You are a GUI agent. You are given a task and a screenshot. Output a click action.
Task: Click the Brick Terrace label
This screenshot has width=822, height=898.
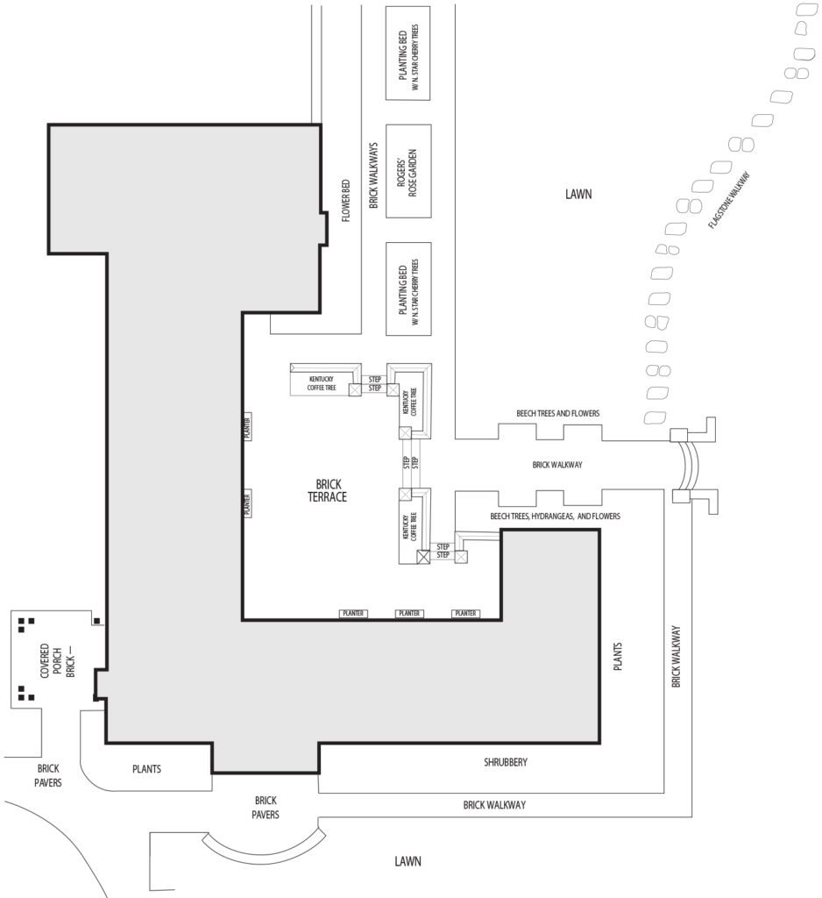pos(328,491)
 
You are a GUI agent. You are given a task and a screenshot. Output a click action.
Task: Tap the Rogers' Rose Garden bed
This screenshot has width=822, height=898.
pos(408,171)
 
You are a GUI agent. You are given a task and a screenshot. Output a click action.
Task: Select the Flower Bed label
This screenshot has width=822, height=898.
pos(346,201)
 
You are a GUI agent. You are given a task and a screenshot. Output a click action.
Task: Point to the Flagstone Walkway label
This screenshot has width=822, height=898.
pos(729,201)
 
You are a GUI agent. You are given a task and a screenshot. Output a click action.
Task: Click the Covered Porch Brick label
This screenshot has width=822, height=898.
pos(57,660)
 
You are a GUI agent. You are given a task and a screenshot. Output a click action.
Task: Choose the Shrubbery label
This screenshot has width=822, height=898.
pos(506,762)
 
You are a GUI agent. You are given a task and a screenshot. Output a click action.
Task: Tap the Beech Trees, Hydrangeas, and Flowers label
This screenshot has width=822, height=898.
pos(555,516)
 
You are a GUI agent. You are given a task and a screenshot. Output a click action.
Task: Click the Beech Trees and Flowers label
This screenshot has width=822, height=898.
pos(557,413)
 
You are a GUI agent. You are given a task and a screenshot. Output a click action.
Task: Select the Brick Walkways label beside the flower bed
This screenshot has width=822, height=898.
pos(373,175)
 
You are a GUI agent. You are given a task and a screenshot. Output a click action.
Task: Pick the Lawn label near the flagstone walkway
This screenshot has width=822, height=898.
pos(578,194)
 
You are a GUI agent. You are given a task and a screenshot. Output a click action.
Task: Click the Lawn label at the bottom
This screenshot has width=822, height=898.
pos(407,861)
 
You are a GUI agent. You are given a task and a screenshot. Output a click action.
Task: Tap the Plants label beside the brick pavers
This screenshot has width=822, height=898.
pos(146,769)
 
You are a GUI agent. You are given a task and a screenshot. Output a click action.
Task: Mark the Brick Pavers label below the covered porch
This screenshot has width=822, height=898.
pos(48,775)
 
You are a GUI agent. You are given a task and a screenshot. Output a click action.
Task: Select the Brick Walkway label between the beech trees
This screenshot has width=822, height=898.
pos(557,465)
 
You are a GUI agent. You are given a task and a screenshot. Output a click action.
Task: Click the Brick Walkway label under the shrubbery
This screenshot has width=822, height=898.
pos(494,805)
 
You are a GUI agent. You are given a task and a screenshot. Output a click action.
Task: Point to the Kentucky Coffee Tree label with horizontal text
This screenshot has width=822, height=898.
pos(321,383)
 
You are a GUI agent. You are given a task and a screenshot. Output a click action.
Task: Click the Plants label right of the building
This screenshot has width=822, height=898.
pos(617,656)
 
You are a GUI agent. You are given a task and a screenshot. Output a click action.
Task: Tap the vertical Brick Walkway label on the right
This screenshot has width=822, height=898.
pos(676,656)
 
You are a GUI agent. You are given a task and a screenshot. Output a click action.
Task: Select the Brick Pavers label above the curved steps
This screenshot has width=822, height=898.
pos(266,807)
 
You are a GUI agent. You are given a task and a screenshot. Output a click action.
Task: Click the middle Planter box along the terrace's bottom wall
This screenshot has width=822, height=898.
pos(409,613)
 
